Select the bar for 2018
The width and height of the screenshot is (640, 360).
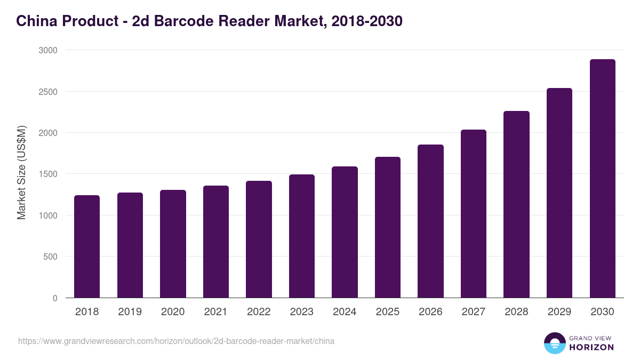tap(87, 246)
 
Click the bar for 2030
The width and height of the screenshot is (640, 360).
tap(602, 179)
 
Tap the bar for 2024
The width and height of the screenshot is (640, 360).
tap(345, 232)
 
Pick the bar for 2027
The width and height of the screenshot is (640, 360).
tap(474, 213)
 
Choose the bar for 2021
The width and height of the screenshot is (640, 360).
tap(216, 242)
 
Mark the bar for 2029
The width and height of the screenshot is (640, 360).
tap(559, 193)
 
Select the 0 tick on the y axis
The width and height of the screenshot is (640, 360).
tap(55, 298)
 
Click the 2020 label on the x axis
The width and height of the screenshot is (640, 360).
tap(173, 312)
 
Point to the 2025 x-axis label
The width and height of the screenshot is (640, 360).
tap(387, 312)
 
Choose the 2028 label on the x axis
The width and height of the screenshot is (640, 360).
tap(516, 312)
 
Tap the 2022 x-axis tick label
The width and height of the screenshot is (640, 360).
tap(259, 312)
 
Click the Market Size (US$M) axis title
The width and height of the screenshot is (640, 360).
tap(21, 173)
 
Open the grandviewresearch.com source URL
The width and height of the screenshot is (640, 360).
tap(176, 341)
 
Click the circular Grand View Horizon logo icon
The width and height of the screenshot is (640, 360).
tap(555, 343)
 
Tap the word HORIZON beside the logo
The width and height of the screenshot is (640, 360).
tap(591, 347)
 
